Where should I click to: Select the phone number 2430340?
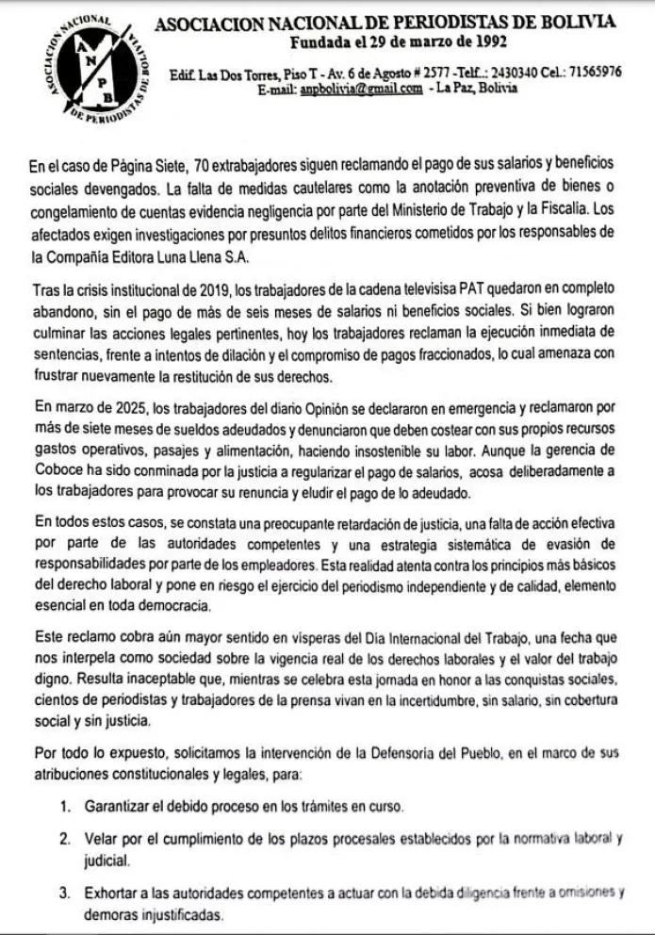click(517, 73)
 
